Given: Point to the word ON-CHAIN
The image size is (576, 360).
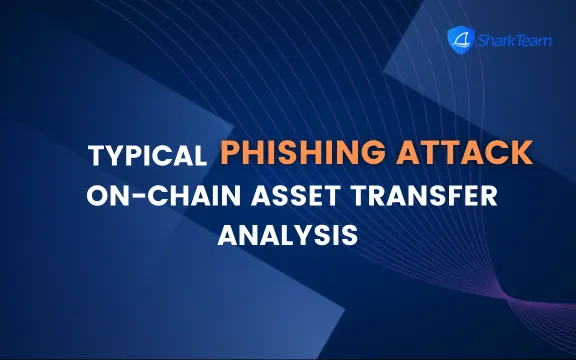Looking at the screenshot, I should (x=153, y=197).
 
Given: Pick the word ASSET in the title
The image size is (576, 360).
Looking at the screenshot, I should (x=282, y=197).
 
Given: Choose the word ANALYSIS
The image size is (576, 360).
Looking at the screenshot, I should (x=288, y=237).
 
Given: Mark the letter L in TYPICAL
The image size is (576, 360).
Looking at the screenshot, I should (x=198, y=158).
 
